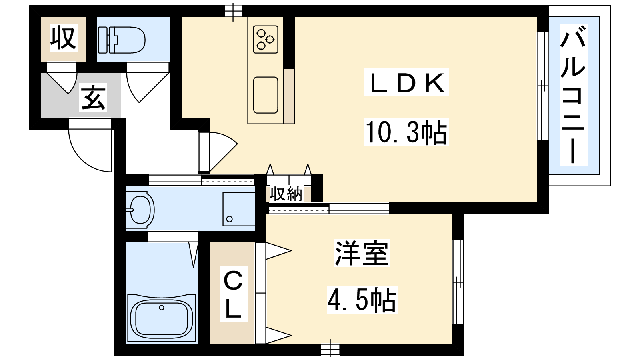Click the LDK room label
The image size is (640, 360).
406,83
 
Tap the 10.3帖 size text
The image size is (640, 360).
406,132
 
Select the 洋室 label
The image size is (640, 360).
362,253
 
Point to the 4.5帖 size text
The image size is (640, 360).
362,300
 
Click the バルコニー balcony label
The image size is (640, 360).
573,95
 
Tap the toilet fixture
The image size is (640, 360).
121,40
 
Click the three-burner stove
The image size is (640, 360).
265,39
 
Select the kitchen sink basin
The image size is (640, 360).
265,95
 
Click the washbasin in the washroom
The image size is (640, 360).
140,209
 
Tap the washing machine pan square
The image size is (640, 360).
238,209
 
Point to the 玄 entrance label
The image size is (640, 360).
94,97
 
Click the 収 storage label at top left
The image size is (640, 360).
63,38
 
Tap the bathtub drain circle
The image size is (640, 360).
162,308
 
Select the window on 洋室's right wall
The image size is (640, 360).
458,282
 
